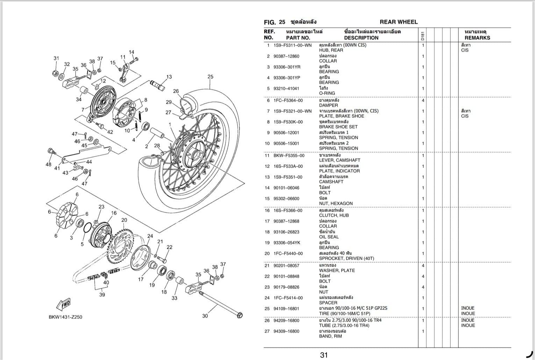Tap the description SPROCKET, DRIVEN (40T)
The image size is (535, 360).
[x=346, y=259]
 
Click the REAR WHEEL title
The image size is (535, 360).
[x=398, y=22]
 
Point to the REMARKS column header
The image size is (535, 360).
[x=477, y=38]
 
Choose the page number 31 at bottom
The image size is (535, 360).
[x=324, y=355]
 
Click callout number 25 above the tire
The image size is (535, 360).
[x=210, y=77]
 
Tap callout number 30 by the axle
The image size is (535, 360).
[x=205, y=316]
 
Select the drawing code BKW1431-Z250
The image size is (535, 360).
[x=66, y=317]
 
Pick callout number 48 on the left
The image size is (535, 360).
[x=48, y=164]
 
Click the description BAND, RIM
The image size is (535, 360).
[x=330, y=336]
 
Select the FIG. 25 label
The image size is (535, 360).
[x=274, y=22]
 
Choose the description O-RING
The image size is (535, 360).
[x=327, y=93]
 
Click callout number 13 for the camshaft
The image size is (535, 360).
[x=169, y=77]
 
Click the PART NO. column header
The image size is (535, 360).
[x=298, y=38]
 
